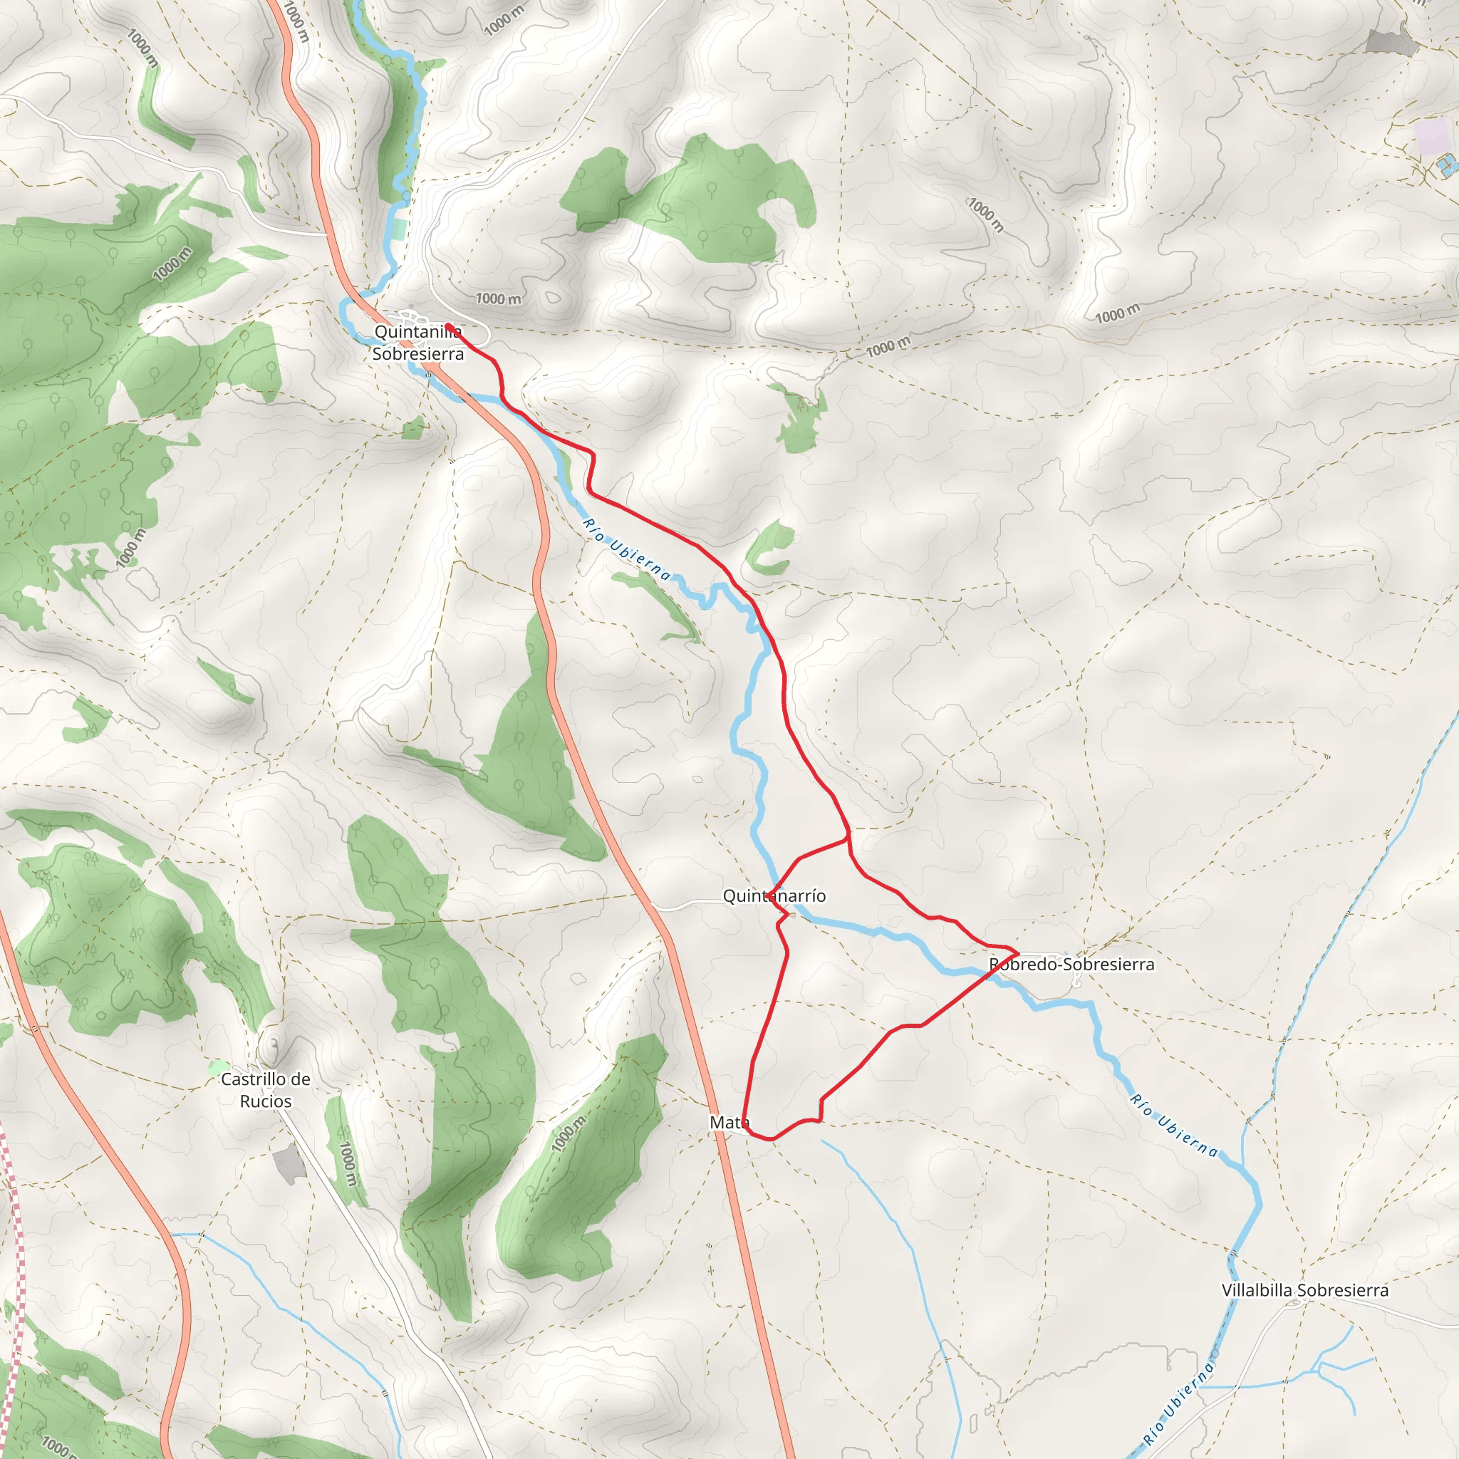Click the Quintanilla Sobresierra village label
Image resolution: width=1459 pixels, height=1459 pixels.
pos(417,343)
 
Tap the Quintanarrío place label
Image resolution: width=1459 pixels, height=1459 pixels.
pos(774,895)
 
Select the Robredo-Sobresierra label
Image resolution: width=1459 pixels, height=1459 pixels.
pos(1071,965)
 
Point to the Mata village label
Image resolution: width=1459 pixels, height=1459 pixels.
pos(729,1122)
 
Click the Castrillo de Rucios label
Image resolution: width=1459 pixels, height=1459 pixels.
pos(265,1090)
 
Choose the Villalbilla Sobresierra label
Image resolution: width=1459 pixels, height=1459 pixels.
pos(1305,1290)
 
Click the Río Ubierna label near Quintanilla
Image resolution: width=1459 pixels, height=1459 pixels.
pos(626,550)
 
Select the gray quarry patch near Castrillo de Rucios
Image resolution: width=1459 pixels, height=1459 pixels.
pos(289,1164)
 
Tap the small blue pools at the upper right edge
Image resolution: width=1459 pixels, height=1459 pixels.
pos(1447,165)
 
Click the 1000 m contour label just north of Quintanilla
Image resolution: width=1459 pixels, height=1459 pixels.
pos(499,298)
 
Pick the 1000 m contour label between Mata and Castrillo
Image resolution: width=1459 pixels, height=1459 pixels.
pos(568,1133)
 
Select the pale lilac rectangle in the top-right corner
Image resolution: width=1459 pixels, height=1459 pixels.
pos(1431,136)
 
